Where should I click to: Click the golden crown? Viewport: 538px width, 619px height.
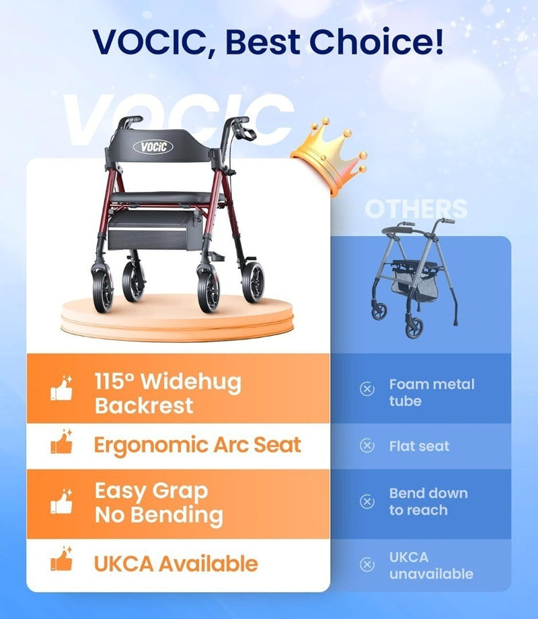329,156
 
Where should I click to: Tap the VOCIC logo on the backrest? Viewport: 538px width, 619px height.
153,147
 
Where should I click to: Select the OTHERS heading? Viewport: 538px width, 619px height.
416,209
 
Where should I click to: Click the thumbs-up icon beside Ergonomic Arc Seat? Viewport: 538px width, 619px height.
62,442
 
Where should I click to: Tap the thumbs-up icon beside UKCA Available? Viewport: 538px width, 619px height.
62,559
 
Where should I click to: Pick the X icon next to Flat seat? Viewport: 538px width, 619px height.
367,446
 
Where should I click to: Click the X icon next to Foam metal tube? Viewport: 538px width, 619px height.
367,389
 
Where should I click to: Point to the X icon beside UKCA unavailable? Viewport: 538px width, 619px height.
367,565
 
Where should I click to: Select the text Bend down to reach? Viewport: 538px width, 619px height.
428,501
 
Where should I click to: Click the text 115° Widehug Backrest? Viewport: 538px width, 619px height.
168,394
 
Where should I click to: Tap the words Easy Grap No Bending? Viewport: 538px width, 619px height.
159,503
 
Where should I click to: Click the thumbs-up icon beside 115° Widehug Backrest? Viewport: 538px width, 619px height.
62,388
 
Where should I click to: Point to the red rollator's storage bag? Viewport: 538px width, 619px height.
155,231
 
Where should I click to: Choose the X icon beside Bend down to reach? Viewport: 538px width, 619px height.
367,501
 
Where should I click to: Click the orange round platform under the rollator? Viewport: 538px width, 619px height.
178,318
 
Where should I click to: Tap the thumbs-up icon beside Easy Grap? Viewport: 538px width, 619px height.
62,501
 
